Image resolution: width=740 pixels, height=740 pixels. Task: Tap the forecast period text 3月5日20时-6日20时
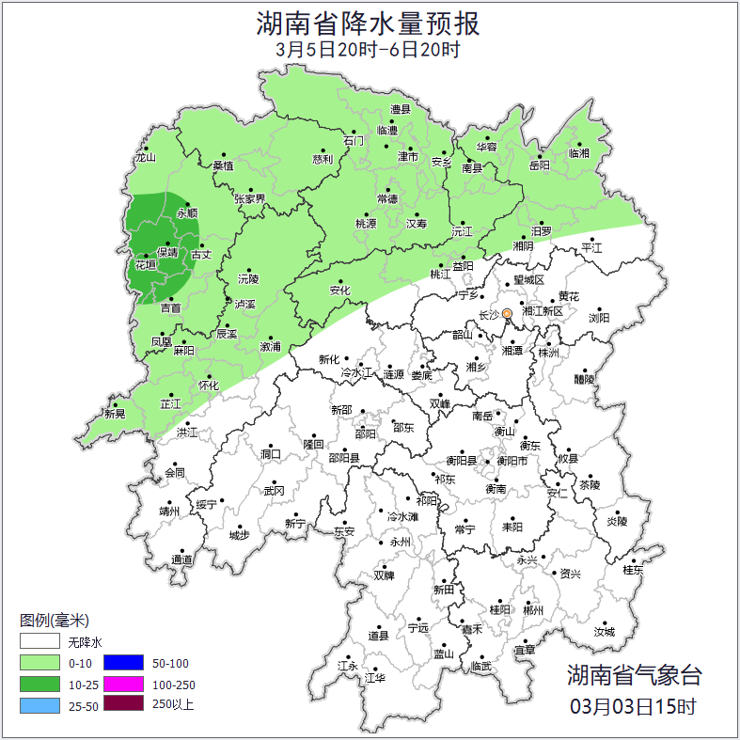pyautogui.click(x=369, y=50)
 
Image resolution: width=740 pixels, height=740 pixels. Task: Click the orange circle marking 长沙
pyautogui.click(x=507, y=313)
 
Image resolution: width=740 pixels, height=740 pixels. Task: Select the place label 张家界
pyautogui.click(x=250, y=199)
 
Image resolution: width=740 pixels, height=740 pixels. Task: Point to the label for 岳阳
pyautogui.click(x=540, y=165)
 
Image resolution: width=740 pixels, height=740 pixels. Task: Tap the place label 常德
pyautogui.click(x=387, y=198)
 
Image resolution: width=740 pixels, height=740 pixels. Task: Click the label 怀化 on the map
pyautogui.click(x=209, y=386)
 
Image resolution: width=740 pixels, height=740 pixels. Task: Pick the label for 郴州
pyautogui.click(x=533, y=610)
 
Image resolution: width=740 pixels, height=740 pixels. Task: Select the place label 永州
pyautogui.click(x=401, y=543)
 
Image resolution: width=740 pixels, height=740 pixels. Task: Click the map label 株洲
pyautogui.click(x=548, y=353)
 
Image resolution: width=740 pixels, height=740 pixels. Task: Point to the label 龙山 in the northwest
pyautogui.click(x=145, y=158)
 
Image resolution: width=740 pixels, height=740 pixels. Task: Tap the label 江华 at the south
pyautogui.click(x=375, y=678)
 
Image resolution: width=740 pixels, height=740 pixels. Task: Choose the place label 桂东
pyautogui.click(x=633, y=570)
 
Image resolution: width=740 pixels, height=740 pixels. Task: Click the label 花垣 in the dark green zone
pyautogui.click(x=146, y=266)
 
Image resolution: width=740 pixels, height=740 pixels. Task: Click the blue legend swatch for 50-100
pyautogui.click(x=122, y=663)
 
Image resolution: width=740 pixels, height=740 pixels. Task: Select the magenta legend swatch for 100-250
pyautogui.click(x=122, y=684)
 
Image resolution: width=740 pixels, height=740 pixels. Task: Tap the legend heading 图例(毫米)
pyautogui.click(x=55, y=621)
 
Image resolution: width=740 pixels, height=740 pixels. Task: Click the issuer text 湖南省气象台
pyautogui.click(x=634, y=674)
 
